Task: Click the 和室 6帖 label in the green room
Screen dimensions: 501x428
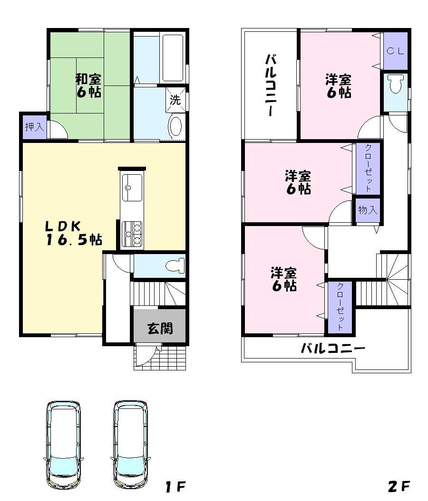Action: tap(88, 85)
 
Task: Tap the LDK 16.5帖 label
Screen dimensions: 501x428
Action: tap(74, 233)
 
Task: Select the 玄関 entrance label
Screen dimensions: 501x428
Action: tap(160, 328)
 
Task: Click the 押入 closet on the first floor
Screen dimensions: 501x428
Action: tap(34, 127)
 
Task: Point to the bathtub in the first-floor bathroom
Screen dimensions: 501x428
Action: tap(172, 58)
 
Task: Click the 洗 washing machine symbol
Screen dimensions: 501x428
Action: tap(175, 101)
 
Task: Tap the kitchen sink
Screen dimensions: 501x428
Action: tap(130, 187)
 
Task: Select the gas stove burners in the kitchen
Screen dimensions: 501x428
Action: tap(132, 234)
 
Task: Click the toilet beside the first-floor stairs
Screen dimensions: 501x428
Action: tap(173, 265)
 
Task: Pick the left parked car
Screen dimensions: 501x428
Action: tap(63, 444)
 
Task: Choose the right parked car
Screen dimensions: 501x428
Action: tap(130, 444)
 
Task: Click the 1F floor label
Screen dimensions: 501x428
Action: tap(175, 486)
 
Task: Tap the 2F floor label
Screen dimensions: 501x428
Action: tap(399, 486)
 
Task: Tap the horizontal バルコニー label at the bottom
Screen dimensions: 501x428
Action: tap(333, 349)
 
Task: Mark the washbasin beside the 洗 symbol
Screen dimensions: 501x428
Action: tap(175, 126)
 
